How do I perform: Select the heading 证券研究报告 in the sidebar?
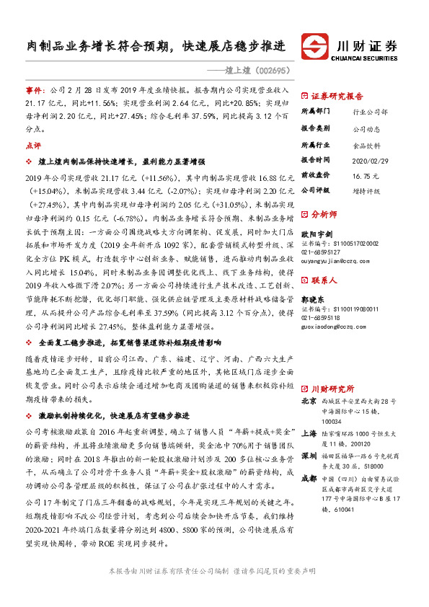[x=338, y=95]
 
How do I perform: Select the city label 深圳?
[x=308, y=456]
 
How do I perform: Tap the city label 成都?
[x=308, y=477]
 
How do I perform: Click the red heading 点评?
[x=33, y=145]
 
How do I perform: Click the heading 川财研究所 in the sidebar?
[x=332, y=386]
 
